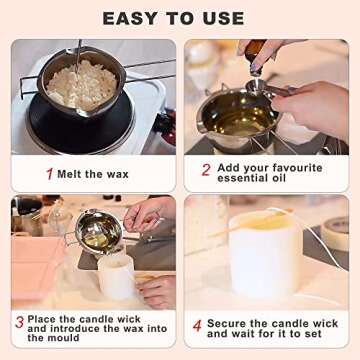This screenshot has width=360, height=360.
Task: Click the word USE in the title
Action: (x=223, y=18)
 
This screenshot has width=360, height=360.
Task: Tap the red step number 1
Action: (x=48, y=173)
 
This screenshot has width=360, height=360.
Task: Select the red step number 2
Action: (x=205, y=169)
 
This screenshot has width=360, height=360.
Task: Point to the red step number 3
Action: (x=19, y=323)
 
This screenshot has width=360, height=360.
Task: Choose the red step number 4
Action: (x=197, y=326)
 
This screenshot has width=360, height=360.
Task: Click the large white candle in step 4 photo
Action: (x=265, y=255)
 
